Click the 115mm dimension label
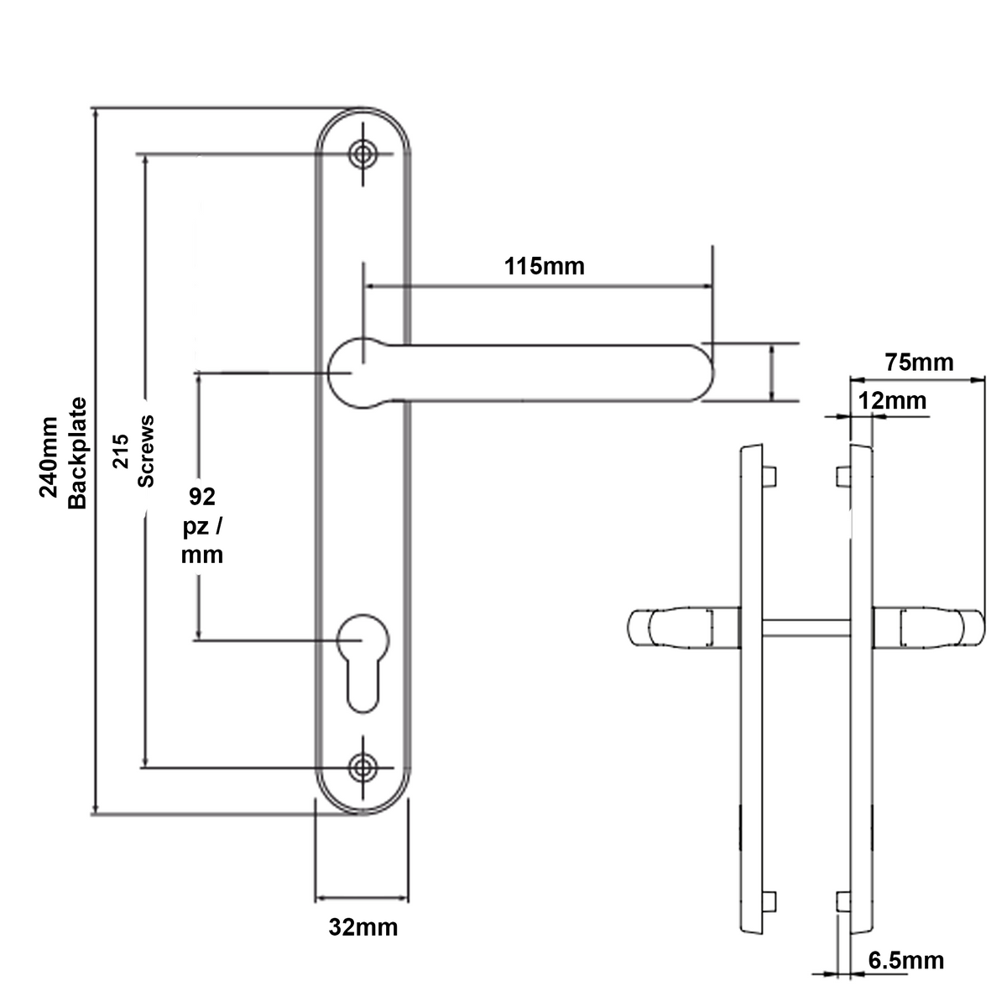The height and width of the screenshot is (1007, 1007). (x=544, y=267)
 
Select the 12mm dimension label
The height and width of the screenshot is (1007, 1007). (x=892, y=401)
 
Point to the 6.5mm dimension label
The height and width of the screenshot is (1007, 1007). (x=905, y=960)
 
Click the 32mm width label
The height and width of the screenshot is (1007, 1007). (x=363, y=928)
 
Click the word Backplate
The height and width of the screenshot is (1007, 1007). (x=77, y=452)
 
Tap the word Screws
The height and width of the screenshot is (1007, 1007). (x=146, y=451)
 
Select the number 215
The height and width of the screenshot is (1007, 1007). (x=120, y=451)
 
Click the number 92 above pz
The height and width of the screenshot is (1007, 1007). (x=201, y=498)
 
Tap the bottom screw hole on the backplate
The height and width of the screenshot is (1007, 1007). (x=363, y=766)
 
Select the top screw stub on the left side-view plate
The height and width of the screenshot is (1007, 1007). (x=770, y=476)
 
